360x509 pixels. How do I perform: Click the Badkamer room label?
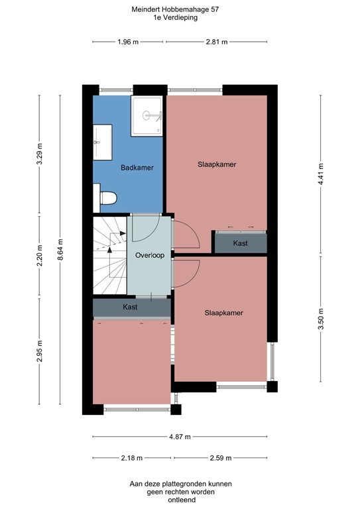(137, 168)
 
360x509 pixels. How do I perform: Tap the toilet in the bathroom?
(107, 198)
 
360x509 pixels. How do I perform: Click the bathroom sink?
(100, 141)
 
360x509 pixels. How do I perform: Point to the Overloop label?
(149, 255)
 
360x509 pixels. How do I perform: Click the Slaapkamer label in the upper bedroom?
(217, 164)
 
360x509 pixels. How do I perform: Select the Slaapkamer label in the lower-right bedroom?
(223, 313)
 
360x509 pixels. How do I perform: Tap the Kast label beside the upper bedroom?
(240, 243)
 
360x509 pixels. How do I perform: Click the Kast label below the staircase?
(131, 308)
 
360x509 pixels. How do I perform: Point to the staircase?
(109, 255)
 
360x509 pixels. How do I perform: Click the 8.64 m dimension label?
(60, 251)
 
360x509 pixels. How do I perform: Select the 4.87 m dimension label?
(180, 437)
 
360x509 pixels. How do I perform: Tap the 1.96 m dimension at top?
(127, 42)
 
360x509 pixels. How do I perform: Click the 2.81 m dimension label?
(216, 42)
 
